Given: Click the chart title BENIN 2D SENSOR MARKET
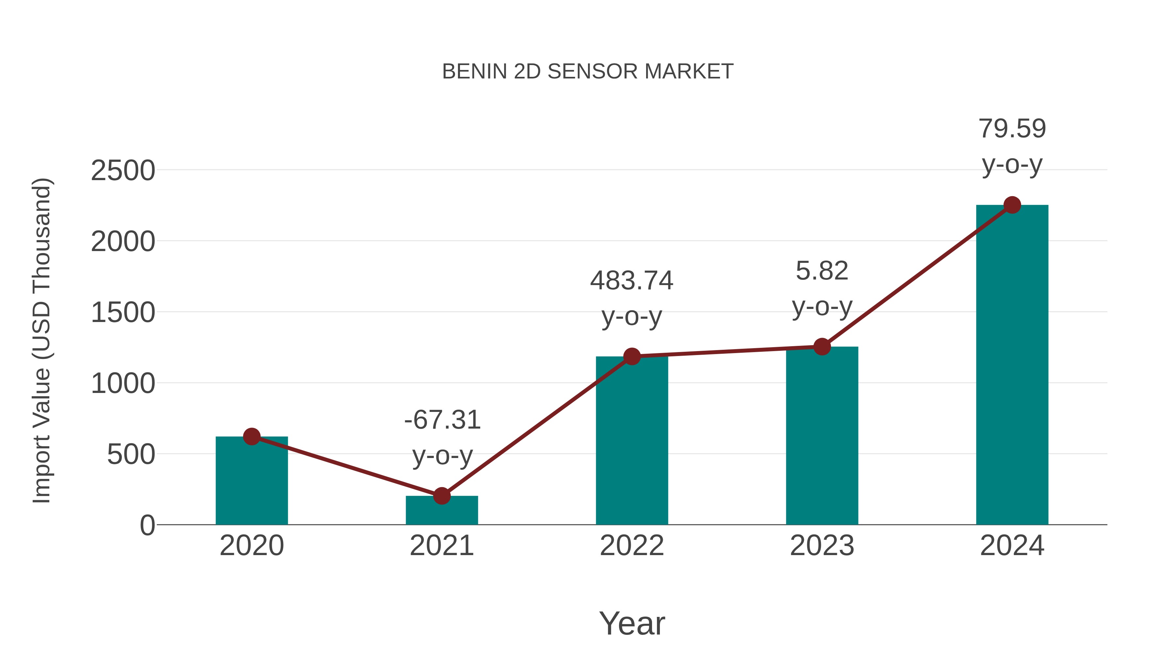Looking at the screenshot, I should (588, 72).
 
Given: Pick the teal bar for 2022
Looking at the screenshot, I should (632, 441).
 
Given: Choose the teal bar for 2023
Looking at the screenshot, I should (822, 436).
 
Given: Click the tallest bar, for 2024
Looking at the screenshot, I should (1012, 365).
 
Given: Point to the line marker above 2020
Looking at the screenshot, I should (252, 437).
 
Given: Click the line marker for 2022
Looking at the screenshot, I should (632, 356).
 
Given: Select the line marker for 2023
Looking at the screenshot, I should (822, 347).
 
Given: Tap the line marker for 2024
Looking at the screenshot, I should (1012, 205).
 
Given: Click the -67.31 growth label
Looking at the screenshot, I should (442, 420).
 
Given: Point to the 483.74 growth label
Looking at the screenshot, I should (632, 280).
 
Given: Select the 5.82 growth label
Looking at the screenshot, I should (822, 271).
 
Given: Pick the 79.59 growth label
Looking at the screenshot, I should (1012, 129).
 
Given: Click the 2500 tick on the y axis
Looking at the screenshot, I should (123, 171).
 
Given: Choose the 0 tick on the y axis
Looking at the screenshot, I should (147, 525).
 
